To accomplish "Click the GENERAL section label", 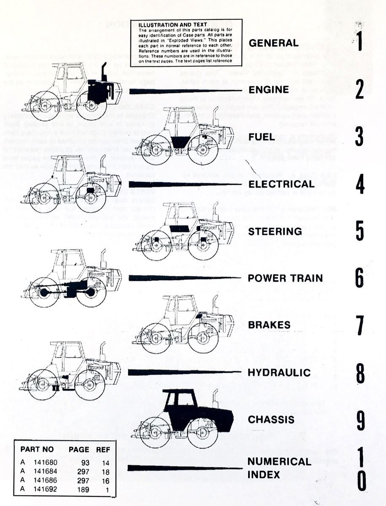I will tap(273, 43).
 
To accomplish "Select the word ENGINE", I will tap(268, 90).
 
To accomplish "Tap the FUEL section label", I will tap(262, 137).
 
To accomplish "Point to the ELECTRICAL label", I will tap(281, 184).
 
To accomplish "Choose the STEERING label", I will tap(275, 231).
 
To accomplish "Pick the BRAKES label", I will tap(269, 325).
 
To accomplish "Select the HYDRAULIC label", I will tap(279, 373).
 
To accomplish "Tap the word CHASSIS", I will tap(271, 420).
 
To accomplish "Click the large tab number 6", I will tap(359, 278).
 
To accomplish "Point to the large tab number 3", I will tap(359, 137).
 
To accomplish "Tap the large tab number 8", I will tap(360, 373).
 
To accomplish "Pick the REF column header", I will tap(103, 450).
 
